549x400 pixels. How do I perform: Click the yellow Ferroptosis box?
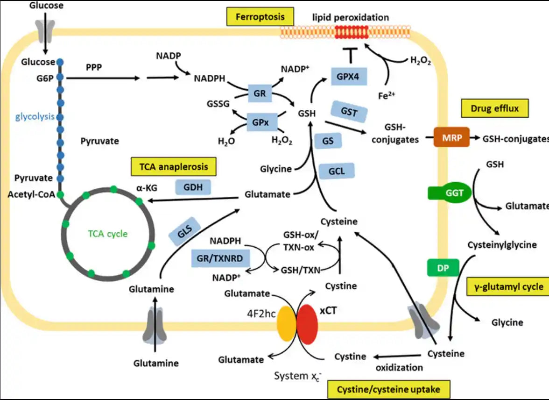coord(260,17)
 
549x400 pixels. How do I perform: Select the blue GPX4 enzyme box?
coord(349,77)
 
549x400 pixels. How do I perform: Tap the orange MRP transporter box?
coord(452,137)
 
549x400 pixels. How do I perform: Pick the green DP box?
coord(443,268)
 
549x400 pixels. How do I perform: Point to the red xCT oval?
coord(307,325)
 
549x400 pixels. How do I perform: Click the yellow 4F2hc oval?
coord(287,324)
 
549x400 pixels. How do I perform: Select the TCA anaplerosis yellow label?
coord(173,166)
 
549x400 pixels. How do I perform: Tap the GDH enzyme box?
coord(193,187)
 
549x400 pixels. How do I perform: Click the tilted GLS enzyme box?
coord(184,231)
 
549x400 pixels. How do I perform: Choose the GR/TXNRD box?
coord(220,258)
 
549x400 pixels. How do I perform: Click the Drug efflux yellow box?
coord(495,108)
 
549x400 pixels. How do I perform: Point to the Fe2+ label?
coord(387,95)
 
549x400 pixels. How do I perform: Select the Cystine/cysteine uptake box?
coord(388,389)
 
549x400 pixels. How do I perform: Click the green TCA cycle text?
coord(108,234)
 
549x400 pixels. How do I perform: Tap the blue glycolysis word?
coord(35,117)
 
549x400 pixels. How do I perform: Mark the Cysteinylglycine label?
coord(502,245)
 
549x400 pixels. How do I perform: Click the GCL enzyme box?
coord(337,171)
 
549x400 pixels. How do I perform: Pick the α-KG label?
coord(147,188)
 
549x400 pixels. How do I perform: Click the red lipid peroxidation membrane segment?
coord(352,32)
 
